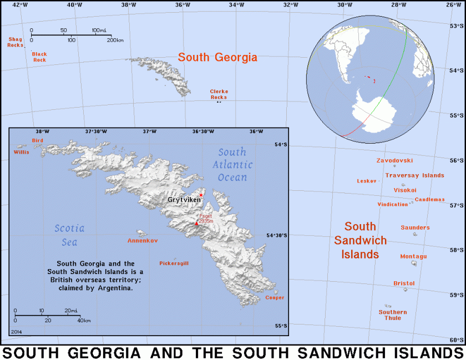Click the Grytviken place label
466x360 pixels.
click(184, 199)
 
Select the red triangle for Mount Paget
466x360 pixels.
click(196, 222)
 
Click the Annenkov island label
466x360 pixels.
click(143, 241)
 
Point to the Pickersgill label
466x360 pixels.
click(174, 263)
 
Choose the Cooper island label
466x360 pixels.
click(275, 297)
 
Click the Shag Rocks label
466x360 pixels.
click(16, 42)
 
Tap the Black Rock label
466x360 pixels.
click(39, 57)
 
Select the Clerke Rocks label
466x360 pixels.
click(219, 94)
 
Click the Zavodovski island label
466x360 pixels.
click(394, 160)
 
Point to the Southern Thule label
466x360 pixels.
click(393, 315)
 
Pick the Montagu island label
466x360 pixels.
click(413, 256)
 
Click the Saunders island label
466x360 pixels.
click(415, 227)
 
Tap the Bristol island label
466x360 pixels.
click(404, 283)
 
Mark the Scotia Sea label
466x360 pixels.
click(69, 235)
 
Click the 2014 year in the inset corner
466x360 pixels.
click(17, 331)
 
